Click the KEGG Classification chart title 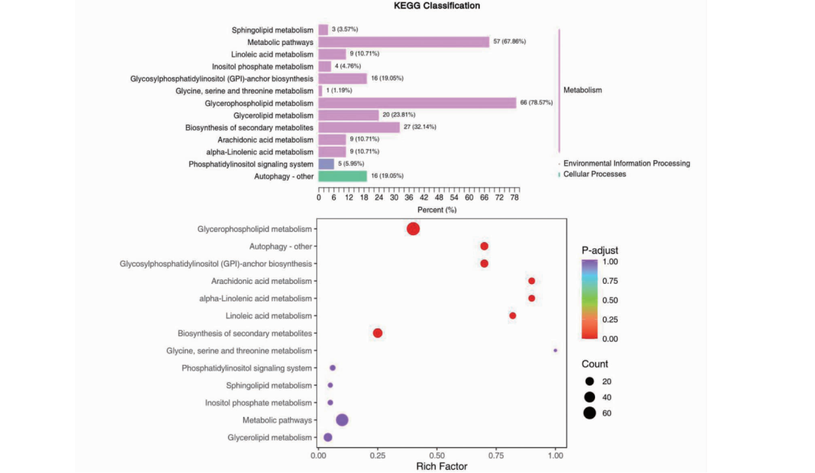(x=437, y=6)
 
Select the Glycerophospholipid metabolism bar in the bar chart (x=417, y=103)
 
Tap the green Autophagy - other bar (x=342, y=177)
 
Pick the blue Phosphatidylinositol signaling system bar (x=326, y=164)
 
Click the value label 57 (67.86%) (x=509, y=42)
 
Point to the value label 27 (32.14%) (x=420, y=127)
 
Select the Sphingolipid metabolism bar (x=323, y=29)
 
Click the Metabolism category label (x=583, y=90)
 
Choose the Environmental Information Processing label (x=626, y=163)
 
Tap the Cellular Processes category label (x=595, y=174)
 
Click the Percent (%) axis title (x=437, y=210)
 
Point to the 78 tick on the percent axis (x=514, y=198)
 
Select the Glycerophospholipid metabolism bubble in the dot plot (x=413, y=229)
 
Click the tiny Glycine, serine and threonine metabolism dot (x=555, y=351)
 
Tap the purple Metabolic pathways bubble (x=342, y=420)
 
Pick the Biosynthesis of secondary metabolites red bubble (x=377, y=333)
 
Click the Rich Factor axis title (x=442, y=466)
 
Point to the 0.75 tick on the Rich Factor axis (x=496, y=456)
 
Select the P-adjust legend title (x=600, y=251)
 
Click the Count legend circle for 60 (x=590, y=412)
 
